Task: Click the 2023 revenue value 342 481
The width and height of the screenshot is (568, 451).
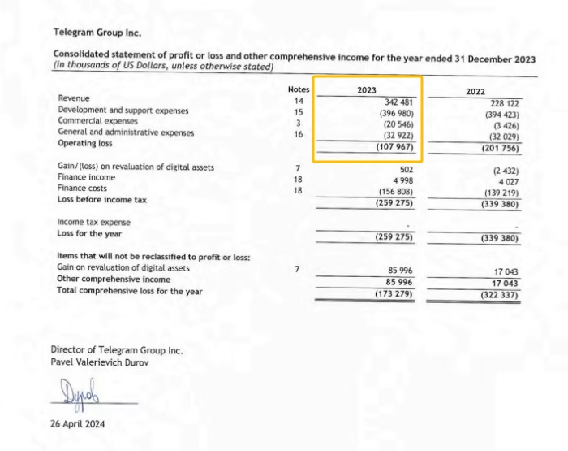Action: (398, 102)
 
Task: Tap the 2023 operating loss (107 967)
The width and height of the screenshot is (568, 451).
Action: (396, 147)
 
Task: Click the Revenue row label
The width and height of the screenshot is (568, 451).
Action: (74, 98)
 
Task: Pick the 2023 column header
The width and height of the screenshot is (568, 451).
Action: (367, 89)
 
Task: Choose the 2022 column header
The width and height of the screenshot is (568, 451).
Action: (475, 93)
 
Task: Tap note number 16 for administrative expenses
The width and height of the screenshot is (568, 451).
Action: (299, 134)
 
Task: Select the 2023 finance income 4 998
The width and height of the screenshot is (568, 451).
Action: (402, 180)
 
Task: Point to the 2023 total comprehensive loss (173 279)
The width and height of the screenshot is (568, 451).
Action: (396, 293)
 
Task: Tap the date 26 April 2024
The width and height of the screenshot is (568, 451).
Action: (77, 423)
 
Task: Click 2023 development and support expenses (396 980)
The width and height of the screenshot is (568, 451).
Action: (397, 113)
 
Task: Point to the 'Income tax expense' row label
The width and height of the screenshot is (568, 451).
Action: (93, 222)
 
